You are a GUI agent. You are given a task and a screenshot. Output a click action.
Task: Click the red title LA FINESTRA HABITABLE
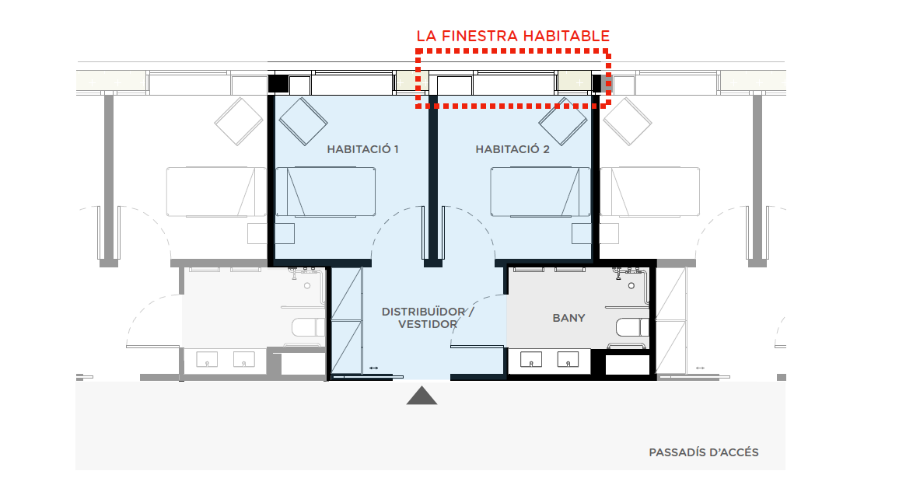(512, 36)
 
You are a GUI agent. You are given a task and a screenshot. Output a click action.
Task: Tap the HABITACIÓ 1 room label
(362, 149)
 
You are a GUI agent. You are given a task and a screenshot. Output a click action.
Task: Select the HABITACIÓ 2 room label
(512, 149)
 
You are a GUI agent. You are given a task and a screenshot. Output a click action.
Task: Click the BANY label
(568, 318)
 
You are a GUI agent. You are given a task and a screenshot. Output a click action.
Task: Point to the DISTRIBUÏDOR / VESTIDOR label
(427, 318)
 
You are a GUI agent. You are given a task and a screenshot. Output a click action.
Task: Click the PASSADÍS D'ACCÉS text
(704, 452)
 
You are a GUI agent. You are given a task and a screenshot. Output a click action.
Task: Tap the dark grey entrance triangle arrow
(422, 396)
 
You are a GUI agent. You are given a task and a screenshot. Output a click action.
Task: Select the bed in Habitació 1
(326, 192)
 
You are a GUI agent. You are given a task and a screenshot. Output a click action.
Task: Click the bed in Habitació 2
(540, 192)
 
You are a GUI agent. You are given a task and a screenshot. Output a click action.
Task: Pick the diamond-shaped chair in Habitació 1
(303, 120)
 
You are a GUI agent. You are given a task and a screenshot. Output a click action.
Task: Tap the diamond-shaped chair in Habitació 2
(563, 120)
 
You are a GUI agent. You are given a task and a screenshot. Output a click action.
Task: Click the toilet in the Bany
(632, 327)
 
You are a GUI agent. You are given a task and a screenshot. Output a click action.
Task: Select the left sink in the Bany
(531, 359)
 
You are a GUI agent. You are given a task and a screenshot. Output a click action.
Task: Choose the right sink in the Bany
(568, 359)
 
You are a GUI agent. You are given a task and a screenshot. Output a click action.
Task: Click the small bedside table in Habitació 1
(285, 233)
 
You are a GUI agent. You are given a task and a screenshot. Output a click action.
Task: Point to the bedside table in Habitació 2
(582, 233)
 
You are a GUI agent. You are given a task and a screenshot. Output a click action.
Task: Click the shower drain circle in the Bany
(631, 285)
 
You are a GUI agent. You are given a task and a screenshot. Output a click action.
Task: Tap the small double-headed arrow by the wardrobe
(374, 368)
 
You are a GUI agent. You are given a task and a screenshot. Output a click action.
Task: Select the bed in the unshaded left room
(216, 192)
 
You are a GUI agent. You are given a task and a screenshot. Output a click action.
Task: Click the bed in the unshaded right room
(649, 192)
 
